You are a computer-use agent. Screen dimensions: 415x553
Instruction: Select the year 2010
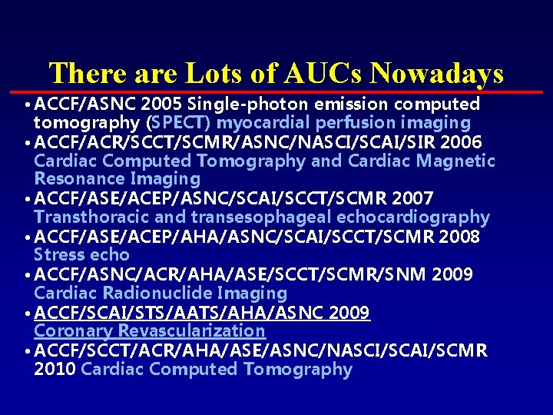point(55,369)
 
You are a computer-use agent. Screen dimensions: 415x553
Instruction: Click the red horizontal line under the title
point(276,91)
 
